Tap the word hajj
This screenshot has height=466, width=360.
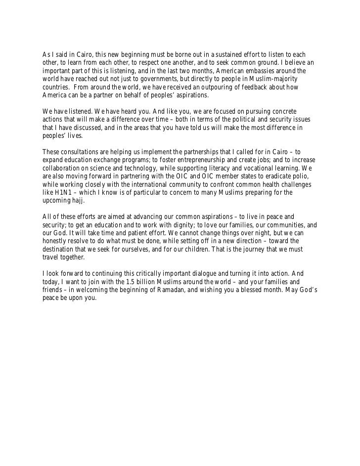(x=78, y=201)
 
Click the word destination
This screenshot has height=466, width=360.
(x=61, y=249)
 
